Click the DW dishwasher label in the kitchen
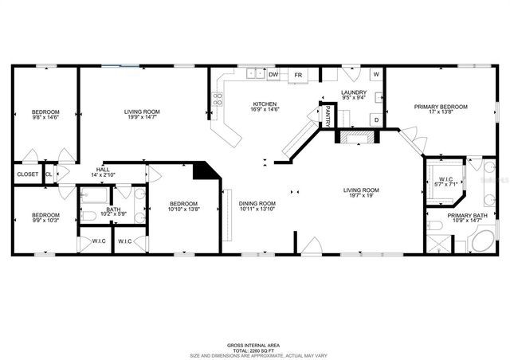[273, 75]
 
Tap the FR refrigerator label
[298, 75]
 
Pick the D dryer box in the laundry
[375, 119]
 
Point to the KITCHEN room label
[265, 104]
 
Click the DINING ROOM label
[257, 204]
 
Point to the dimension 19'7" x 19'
[361, 197]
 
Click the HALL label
[103, 169]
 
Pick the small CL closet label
[49, 174]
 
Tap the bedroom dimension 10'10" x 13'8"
[184, 210]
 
